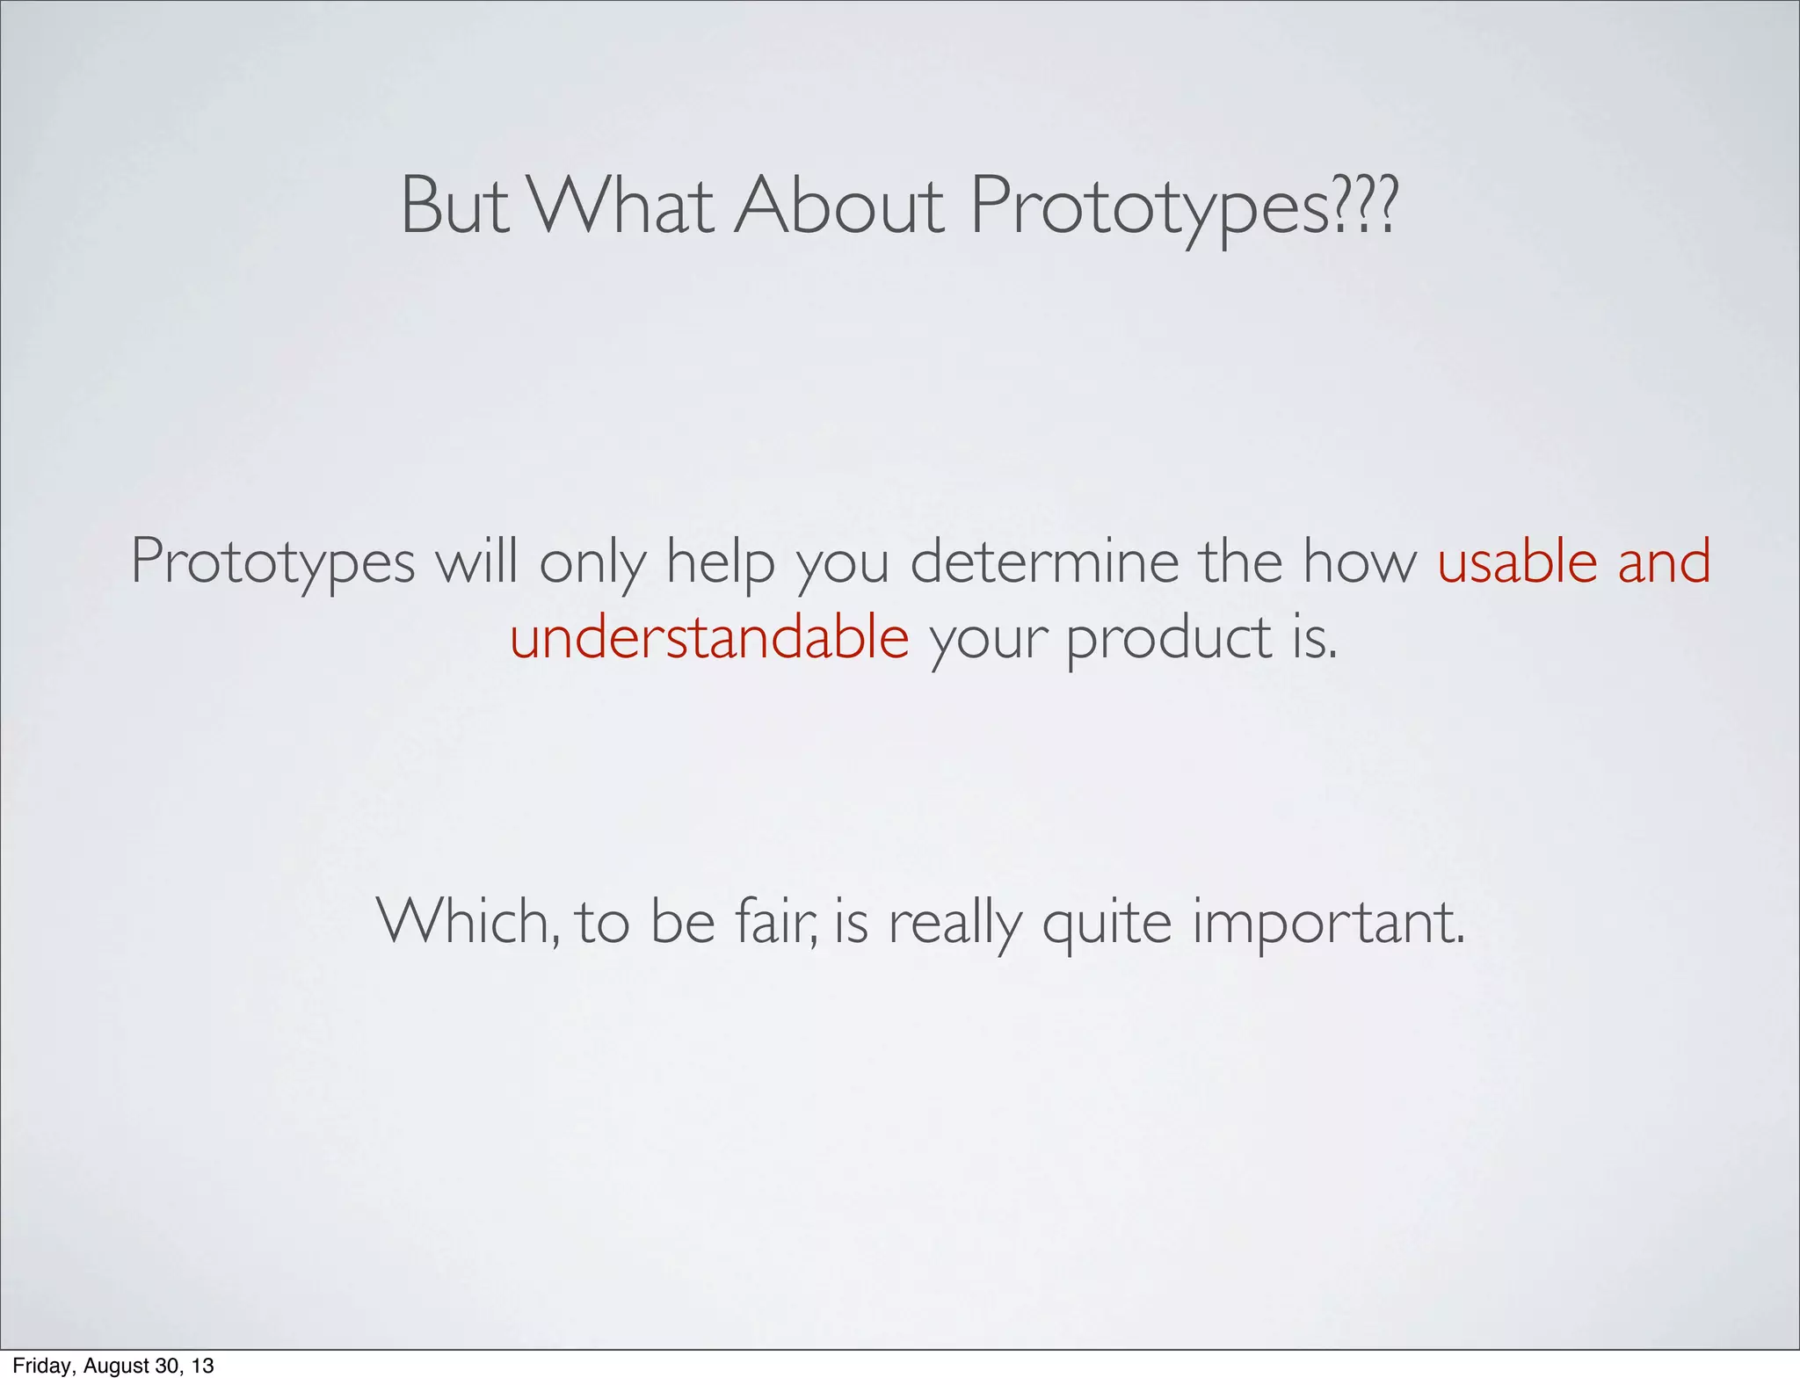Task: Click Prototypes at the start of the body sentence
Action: [x=272, y=562]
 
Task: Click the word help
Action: [x=720, y=562]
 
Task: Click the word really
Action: [x=955, y=923]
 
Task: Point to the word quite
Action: [x=1107, y=923]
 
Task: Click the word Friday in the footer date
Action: [x=43, y=1366]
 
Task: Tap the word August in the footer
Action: [x=117, y=1367]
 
